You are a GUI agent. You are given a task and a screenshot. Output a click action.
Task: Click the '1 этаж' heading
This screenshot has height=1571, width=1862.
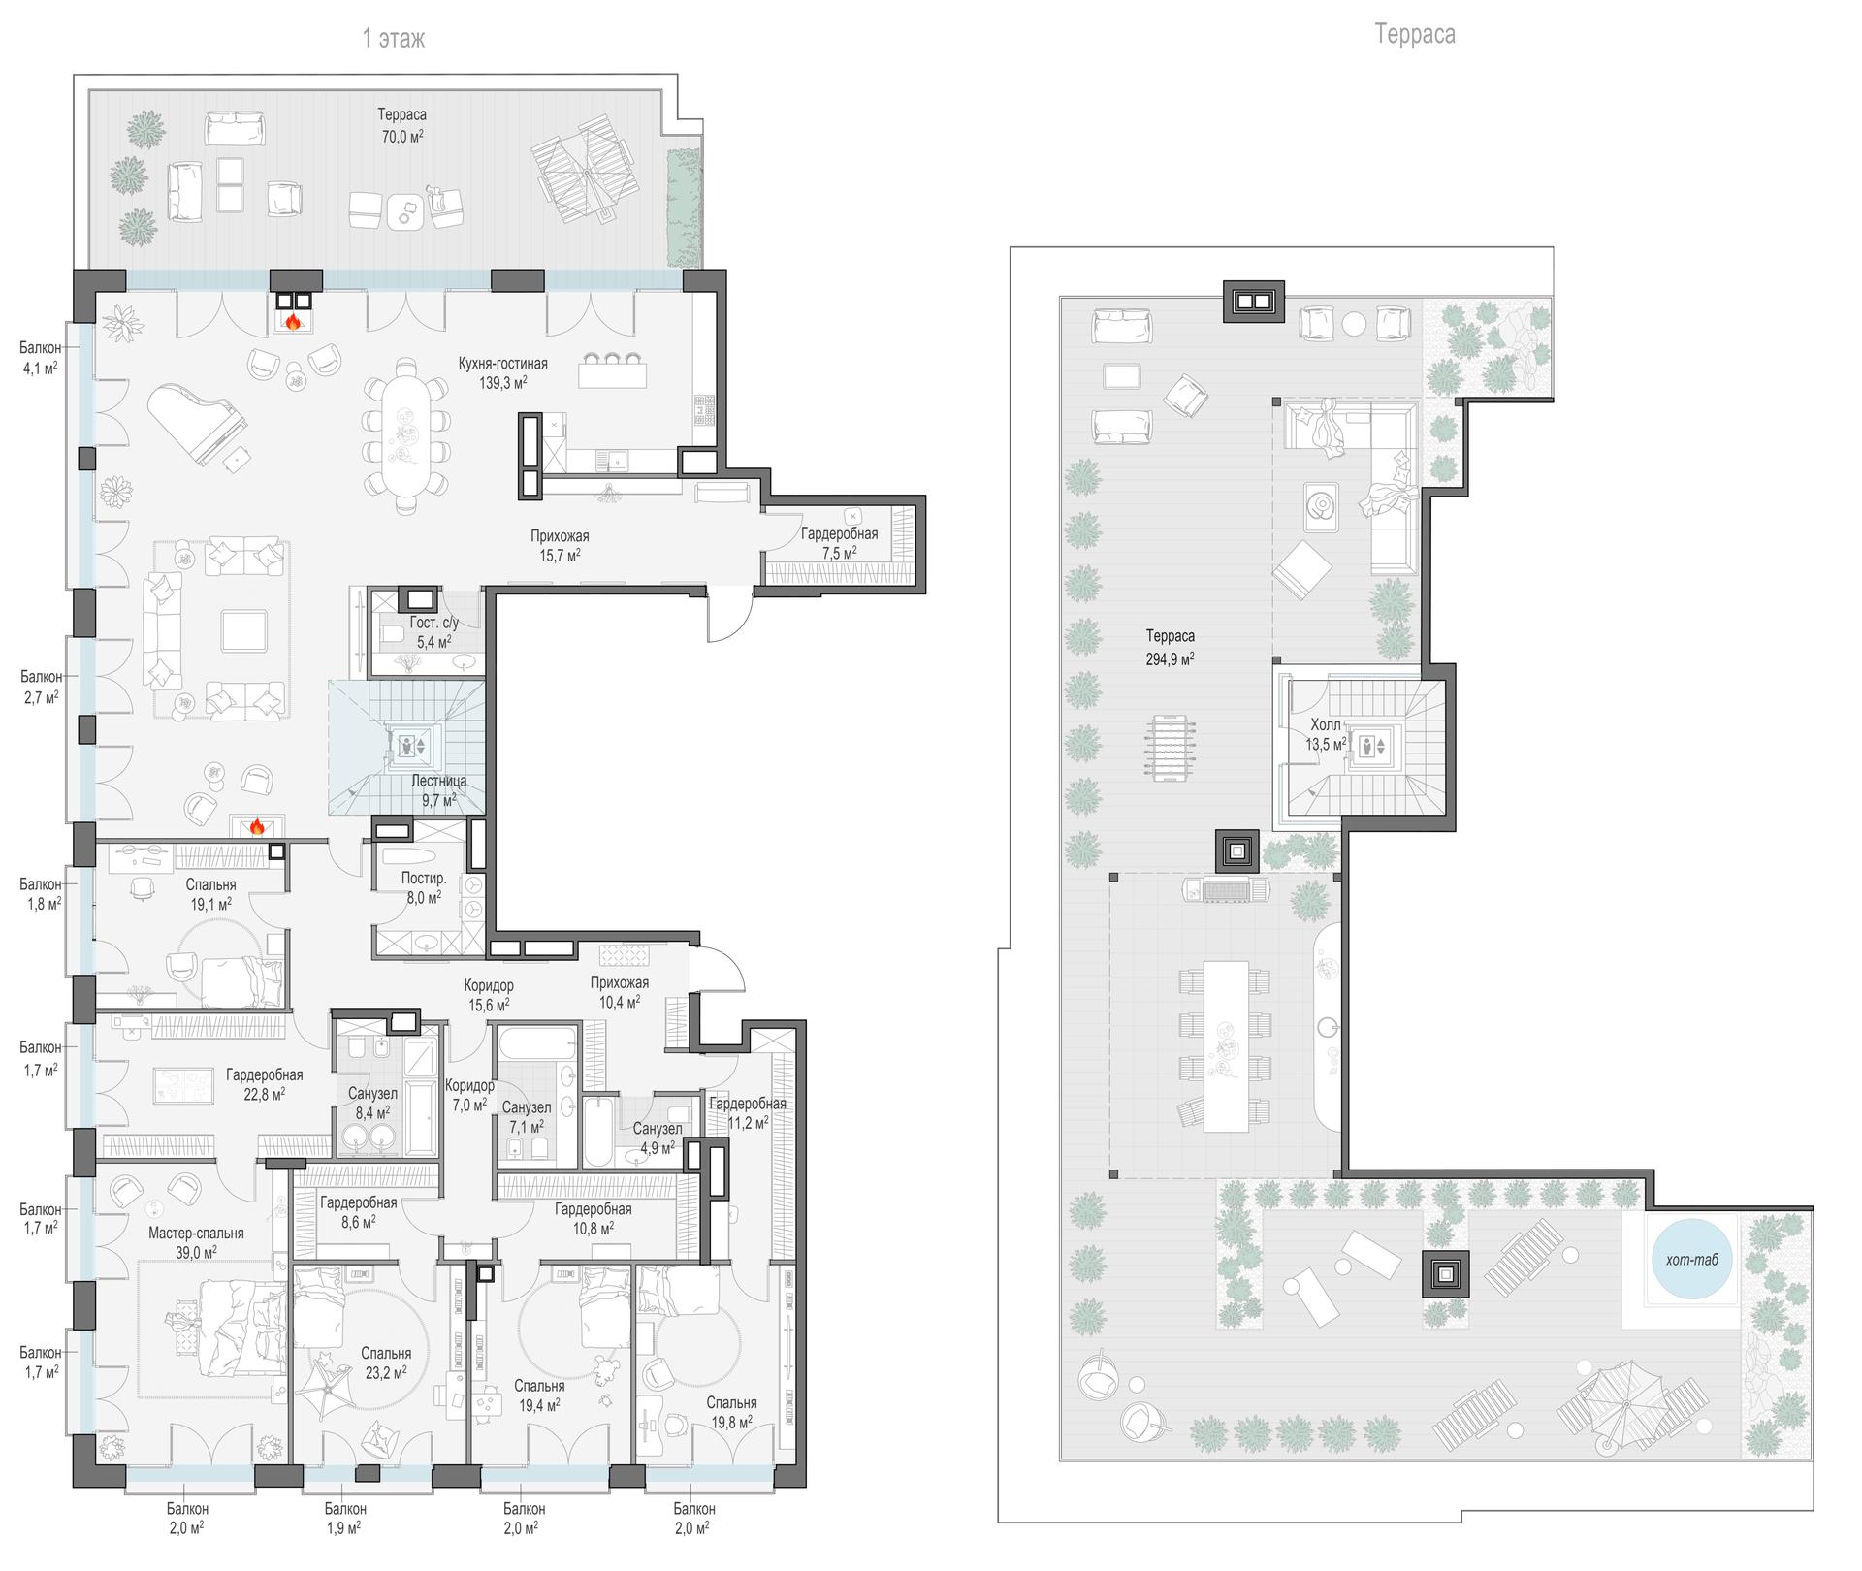tap(393, 38)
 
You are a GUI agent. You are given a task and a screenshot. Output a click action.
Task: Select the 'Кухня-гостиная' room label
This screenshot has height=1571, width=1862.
tap(503, 364)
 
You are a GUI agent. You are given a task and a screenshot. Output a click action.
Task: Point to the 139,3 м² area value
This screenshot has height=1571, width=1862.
tap(503, 383)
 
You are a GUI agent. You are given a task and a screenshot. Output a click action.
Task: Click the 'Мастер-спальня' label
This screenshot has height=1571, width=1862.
tap(196, 1234)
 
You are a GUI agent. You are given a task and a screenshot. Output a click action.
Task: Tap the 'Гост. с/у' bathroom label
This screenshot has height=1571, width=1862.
tap(434, 623)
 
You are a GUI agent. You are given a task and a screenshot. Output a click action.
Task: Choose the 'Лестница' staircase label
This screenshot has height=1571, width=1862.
tap(439, 781)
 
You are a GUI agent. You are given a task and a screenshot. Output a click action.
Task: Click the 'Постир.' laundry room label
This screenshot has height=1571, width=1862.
tap(424, 879)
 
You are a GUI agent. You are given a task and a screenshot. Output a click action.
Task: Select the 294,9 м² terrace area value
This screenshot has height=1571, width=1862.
tap(1171, 657)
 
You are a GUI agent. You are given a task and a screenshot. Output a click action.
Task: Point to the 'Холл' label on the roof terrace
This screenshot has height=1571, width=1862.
tap(1326, 725)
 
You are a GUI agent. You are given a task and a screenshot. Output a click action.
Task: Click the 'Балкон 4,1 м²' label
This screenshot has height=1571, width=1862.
tap(41, 358)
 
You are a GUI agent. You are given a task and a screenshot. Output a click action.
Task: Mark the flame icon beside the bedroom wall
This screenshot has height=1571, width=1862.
tap(257, 826)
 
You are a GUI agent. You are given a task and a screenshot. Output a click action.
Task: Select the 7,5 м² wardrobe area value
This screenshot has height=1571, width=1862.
tap(840, 553)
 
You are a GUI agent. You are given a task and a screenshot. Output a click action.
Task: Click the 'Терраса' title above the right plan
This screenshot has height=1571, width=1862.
tap(1415, 35)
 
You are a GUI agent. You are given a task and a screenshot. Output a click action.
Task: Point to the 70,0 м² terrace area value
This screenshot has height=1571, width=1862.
tap(402, 137)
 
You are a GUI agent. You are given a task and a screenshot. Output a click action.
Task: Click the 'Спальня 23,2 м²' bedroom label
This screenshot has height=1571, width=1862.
tap(386, 1363)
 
